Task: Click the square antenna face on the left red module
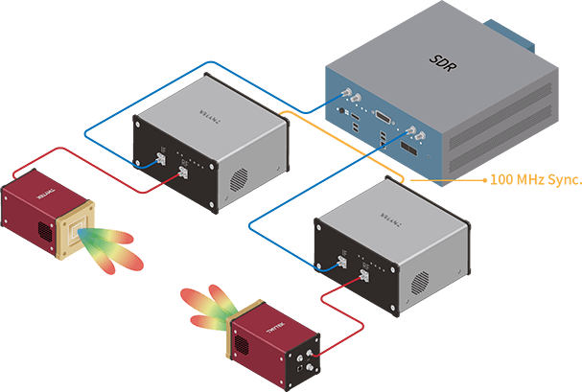point(78,214)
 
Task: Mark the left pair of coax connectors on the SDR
point(347,101)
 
